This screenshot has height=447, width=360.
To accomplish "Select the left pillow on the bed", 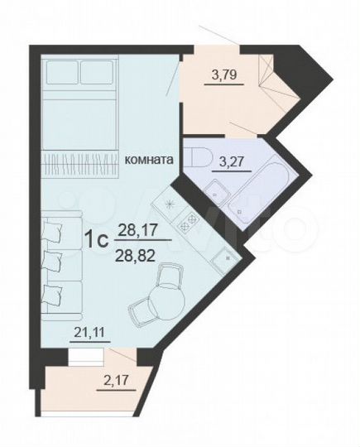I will [60, 73].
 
